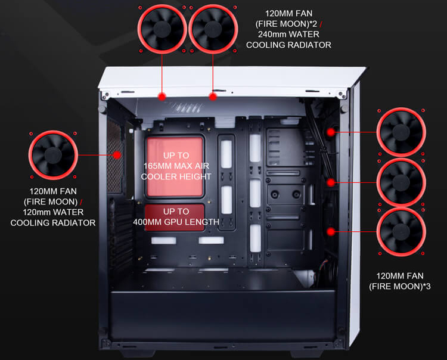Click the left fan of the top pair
[x=162, y=30]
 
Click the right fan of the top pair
[x=212, y=30]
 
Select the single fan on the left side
[x=54, y=154]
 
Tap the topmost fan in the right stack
[x=402, y=132]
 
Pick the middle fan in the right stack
[x=402, y=181]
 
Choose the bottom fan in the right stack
[x=402, y=230]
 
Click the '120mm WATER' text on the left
[x=54, y=212]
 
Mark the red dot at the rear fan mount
[x=117, y=155]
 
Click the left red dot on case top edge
[x=162, y=95]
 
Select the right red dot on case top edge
[x=212, y=95]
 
